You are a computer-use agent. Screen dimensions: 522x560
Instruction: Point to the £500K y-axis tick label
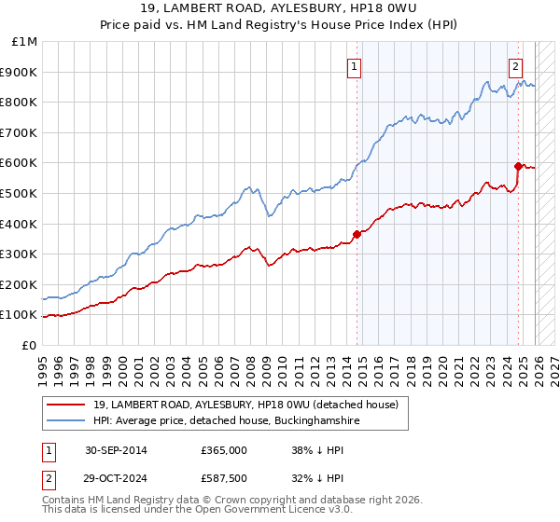point(20,193)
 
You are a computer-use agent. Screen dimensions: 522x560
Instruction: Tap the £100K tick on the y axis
point(20,315)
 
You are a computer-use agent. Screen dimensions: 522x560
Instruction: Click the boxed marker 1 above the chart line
point(356,66)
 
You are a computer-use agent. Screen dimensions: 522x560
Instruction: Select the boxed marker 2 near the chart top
point(515,66)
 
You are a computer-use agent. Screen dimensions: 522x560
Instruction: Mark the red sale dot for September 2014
point(357,234)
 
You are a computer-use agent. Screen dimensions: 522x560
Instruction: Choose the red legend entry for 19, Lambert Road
point(245,405)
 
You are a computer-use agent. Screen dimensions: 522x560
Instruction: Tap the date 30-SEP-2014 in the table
point(115,450)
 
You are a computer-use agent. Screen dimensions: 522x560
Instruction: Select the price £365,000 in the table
point(224,450)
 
